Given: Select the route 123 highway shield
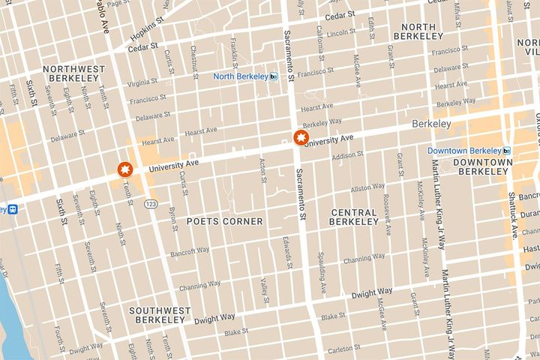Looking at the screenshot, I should [151, 204].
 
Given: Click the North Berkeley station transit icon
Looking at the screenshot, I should [274, 76].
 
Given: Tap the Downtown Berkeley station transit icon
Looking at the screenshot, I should [508, 150].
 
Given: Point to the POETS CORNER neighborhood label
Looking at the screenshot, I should [225, 221].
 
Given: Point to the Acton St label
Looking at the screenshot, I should [262, 170].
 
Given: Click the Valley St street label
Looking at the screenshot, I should [265, 287].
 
